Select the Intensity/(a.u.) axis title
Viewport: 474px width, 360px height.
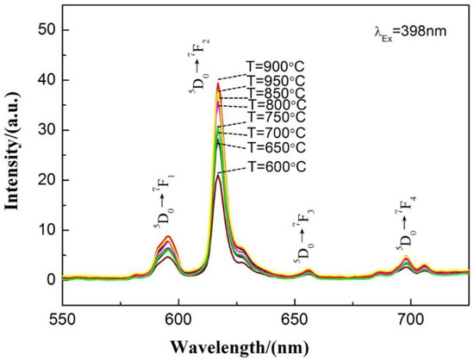click(13, 156)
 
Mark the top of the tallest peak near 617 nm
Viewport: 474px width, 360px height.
click(218, 84)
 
